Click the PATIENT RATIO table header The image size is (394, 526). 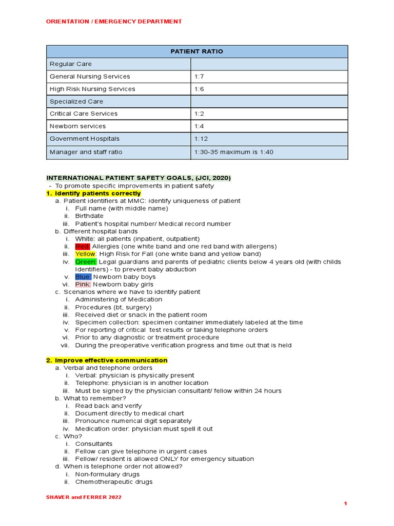pos(197,51)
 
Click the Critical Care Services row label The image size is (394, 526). pos(83,114)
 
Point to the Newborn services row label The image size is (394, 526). pos(77,126)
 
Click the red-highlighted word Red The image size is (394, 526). pos(82,247)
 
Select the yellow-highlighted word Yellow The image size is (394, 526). pos(85,254)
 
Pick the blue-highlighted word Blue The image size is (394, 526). pos(83,277)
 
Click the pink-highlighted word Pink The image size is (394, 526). pos(83,284)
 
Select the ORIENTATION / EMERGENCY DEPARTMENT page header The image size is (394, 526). pos(114,22)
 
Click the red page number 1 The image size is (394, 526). pos(346,504)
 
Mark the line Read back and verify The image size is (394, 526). pos(108,406)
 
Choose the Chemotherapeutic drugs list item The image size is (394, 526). pos(113,482)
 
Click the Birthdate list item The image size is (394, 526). pos(89,216)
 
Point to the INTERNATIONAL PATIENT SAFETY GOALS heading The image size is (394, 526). pos(139,178)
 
